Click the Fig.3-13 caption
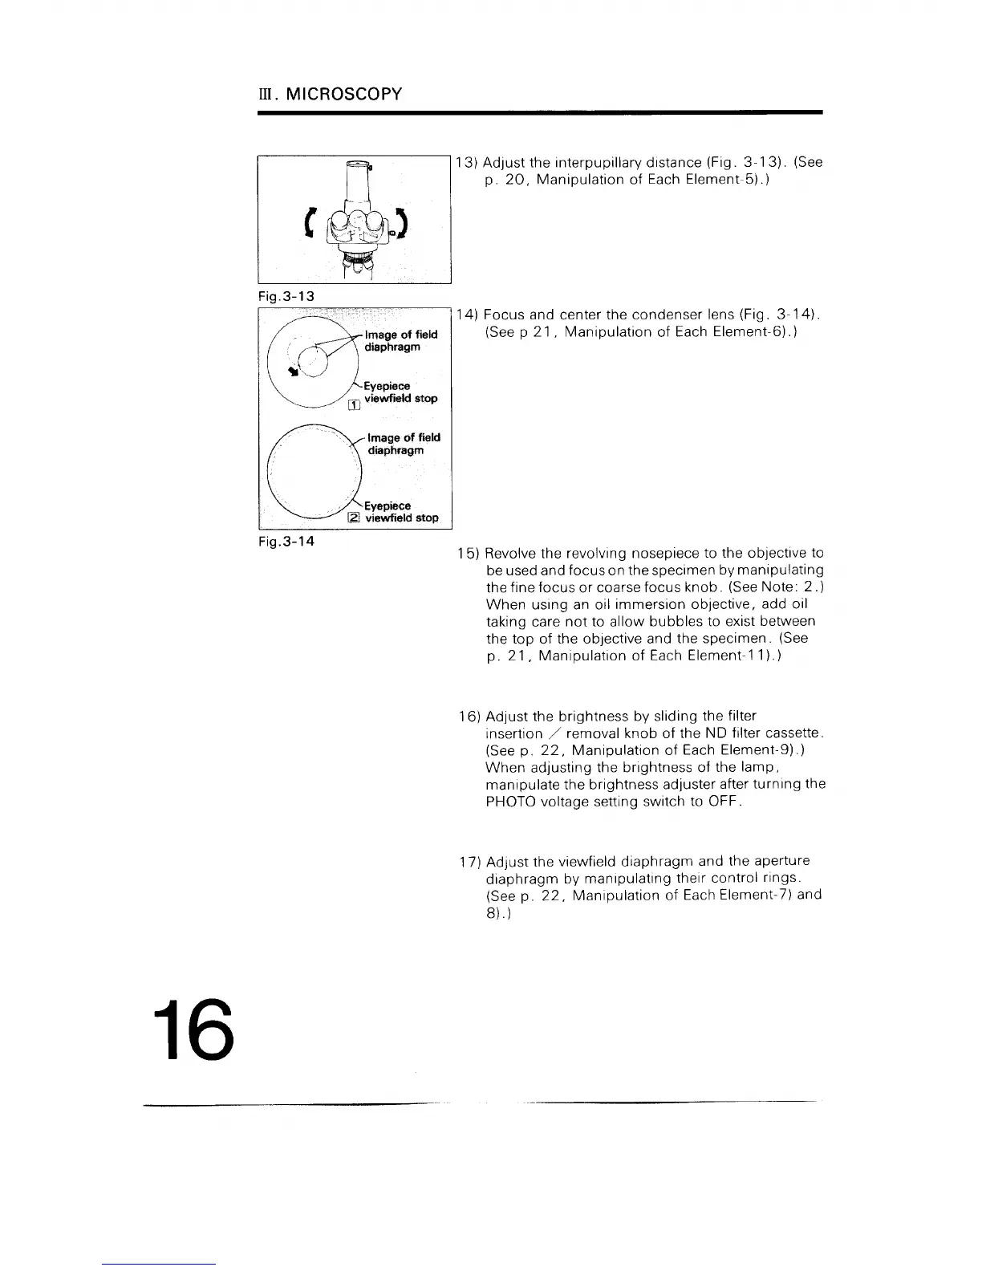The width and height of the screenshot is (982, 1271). (286, 296)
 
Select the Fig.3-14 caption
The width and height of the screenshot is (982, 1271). (286, 541)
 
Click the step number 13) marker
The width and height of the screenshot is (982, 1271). (467, 163)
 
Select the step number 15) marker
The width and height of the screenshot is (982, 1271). (468, 554)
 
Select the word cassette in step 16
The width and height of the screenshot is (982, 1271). (794, 733)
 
